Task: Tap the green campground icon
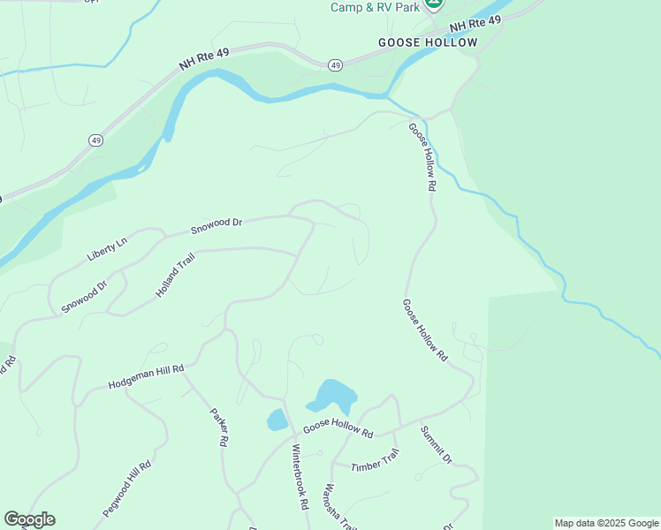[x=433, y=4]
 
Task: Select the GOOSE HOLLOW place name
[x=428, y=42]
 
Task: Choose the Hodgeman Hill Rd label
[x=146, y=377]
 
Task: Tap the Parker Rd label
[x=219, y=427]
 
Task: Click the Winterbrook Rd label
[x=300, y=476]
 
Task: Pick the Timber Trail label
[x=376, y=460]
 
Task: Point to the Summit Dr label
[x=436, y=445]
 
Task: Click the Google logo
[x=29, y=519]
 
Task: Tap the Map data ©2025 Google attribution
[x=606, y=523]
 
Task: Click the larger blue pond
[x=332, y=395]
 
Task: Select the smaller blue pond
[x=277, y=419]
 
